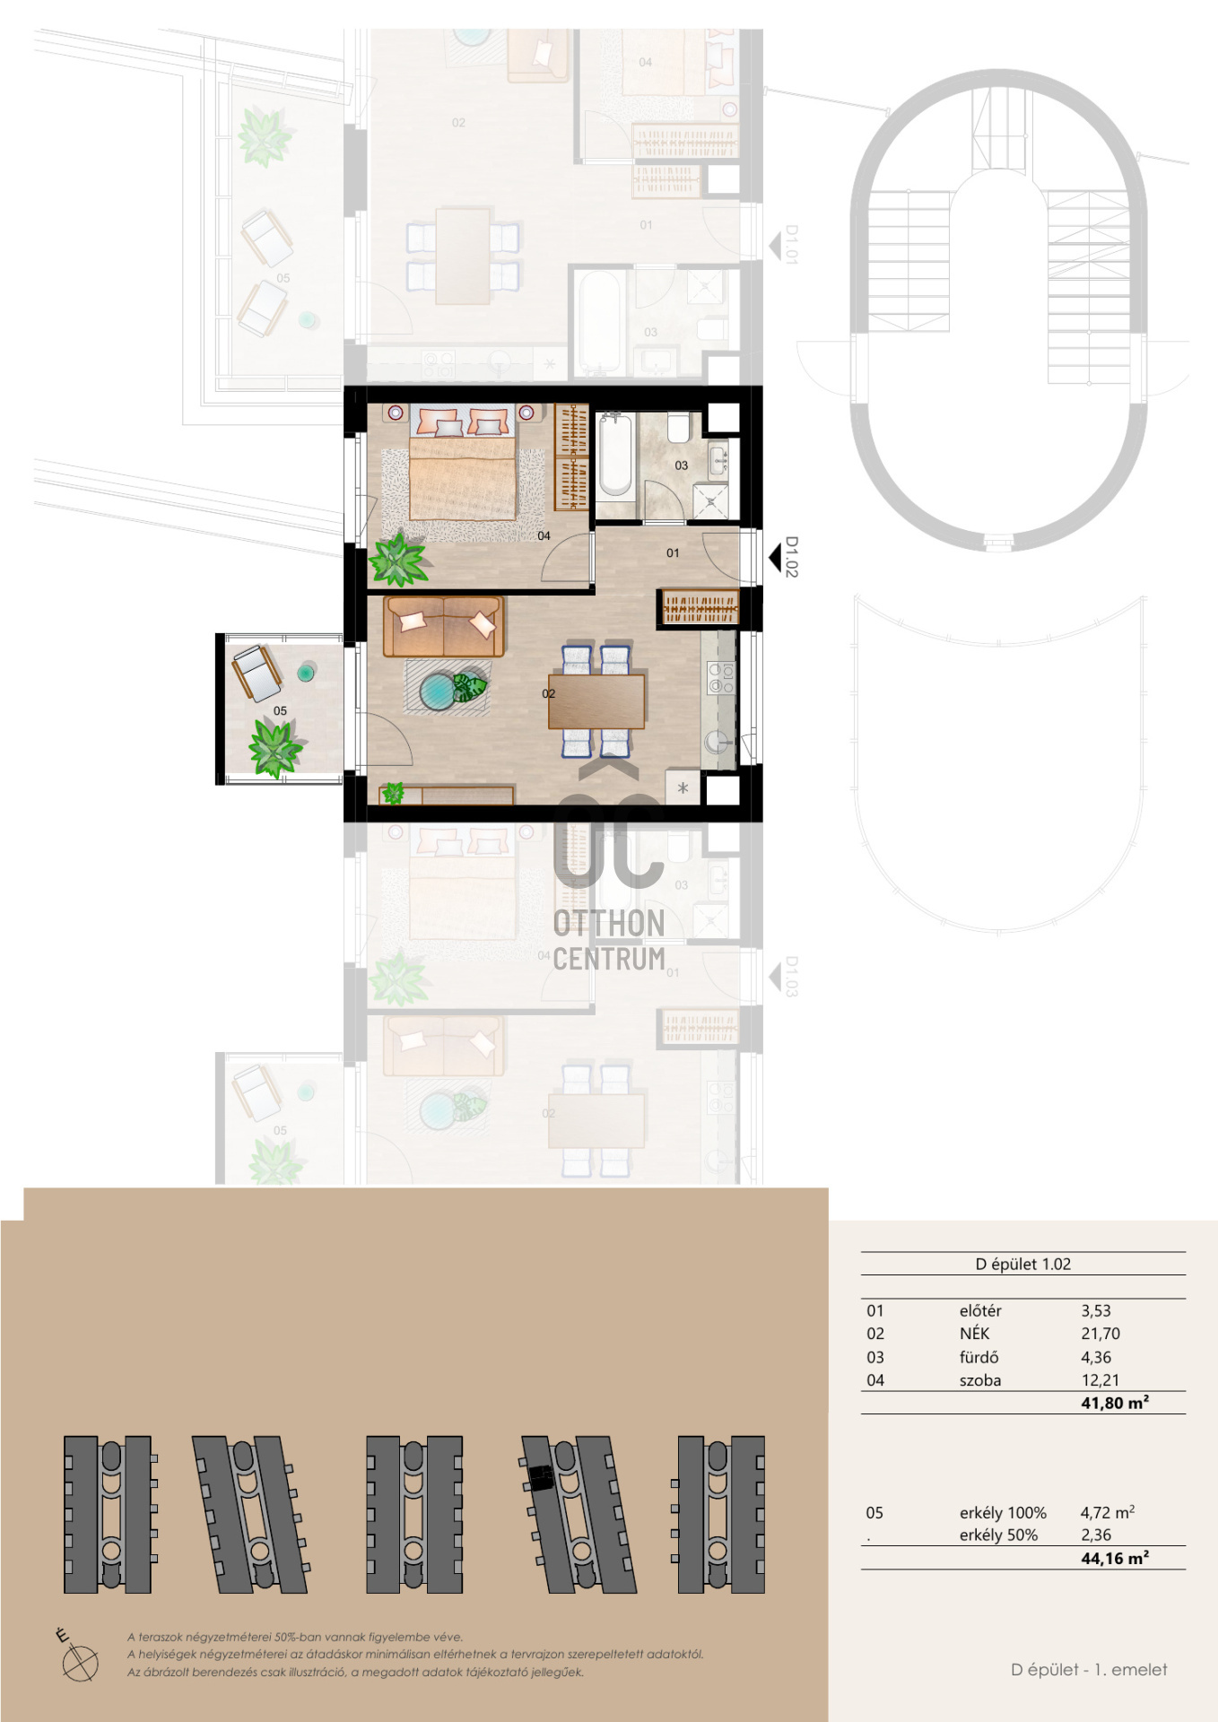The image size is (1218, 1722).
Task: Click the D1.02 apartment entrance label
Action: [791, 557]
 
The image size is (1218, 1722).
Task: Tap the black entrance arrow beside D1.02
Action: [775, 558]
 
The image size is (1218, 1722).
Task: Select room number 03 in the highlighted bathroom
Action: [682, 465]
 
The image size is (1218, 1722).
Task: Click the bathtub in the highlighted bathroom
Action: [615, 455]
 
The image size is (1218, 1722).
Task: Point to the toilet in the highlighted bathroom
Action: [679, 427]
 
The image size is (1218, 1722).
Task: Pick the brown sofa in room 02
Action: [443, 626]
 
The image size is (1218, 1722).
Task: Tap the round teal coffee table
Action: [439, 691]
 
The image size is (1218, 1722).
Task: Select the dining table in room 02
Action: [596, 700]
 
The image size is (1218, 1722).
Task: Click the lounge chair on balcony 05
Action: [257, 673]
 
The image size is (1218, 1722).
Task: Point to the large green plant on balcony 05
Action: [275, 748]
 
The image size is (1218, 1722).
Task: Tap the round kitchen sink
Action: [717, 742]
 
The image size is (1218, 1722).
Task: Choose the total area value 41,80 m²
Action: [1115, 1403]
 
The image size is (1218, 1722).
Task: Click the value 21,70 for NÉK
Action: [1101, 1334]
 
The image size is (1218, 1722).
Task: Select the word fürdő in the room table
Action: [979, 1357]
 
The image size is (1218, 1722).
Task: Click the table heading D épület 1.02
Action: [1023, 1264]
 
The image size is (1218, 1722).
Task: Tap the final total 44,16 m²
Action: [1115, 1558]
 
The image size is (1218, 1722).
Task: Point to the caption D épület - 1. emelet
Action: [1089, 1669]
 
